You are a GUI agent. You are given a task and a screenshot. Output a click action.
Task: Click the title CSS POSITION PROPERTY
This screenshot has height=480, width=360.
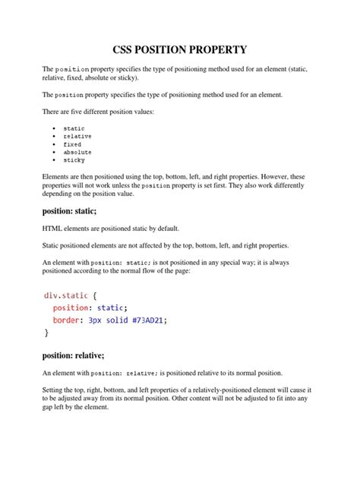[180, 50]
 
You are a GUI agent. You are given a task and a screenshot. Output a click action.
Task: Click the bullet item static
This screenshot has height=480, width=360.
[74, 128]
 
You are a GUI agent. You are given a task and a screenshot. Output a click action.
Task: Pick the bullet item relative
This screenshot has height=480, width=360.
[77, 137]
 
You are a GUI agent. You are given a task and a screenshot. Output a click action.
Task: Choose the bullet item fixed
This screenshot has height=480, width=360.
[72, 144]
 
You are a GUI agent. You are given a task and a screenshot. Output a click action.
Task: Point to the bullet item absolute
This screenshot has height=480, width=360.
[77, 152]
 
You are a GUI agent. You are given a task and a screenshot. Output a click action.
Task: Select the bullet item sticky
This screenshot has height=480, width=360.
[74, 160]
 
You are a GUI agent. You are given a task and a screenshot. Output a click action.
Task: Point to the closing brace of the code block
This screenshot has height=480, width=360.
[47, 332]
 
